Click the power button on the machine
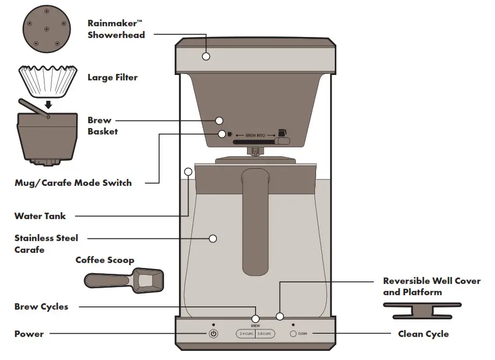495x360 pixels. (x=213, y=334)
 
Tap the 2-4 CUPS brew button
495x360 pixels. (x=245, y=334)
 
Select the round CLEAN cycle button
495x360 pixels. (x=293, y=334)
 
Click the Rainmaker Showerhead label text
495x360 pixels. (x=116, y=29)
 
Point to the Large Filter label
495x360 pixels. (x=112, y=78)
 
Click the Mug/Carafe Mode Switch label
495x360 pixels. (x=73, y=183)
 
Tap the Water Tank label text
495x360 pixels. (x=40, y=216)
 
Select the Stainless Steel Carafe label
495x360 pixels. (x=46, y=244)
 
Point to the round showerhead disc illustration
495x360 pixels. (x=47, y=29)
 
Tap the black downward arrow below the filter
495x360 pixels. (x=48, y=104)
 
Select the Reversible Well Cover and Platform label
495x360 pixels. (x=431, y=287)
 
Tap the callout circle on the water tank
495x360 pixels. (x=188, y=172)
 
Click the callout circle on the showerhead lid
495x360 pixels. (x=206, y=56)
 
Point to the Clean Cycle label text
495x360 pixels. (x=423, y=334)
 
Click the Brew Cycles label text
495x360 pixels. (x=41, y=307)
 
